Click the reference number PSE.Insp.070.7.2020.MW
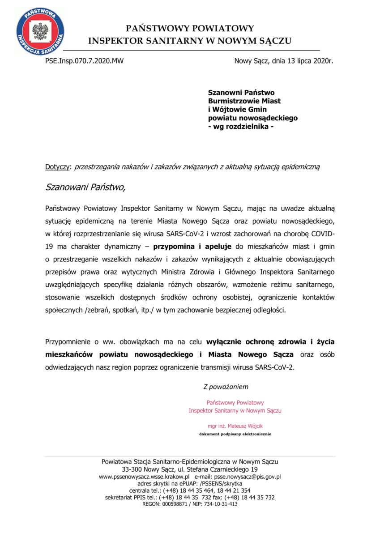(x=84, y=61)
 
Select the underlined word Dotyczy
(x=58, y=167)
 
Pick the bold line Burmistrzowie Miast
(x=244, y=101)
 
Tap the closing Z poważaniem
(x=226, y=386)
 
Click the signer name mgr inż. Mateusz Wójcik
(x=235, y=426)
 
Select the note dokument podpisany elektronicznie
(x=235, y=434)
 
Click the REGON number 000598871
(x=177, y=504)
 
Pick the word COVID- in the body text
(x=322, y=234)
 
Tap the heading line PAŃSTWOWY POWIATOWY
(x=190, y=29)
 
